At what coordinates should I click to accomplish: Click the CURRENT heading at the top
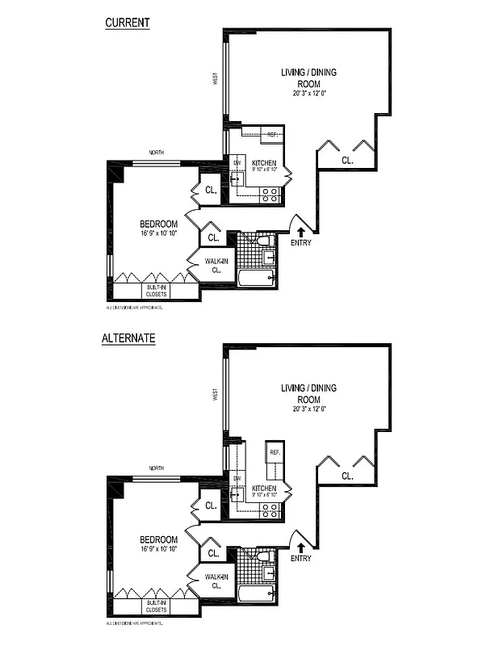coord(128,23)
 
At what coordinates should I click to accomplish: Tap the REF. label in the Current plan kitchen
coord(272,135)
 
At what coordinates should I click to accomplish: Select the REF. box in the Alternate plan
coord(275,453)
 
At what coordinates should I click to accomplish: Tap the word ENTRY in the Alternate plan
coord(300,558)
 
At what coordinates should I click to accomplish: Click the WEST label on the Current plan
coord(216,78)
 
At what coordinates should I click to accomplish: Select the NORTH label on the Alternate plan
coord(157,468)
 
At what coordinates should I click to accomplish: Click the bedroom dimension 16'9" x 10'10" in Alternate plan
coord(158,549)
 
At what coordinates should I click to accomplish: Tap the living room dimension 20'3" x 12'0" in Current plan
coord(308,94)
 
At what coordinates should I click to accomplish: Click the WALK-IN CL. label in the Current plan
coord(216,266)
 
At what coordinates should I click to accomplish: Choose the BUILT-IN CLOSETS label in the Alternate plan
coord(156,606)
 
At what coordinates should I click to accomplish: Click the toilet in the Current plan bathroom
coord(262,241)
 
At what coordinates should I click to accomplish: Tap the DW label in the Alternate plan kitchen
coord(237,479)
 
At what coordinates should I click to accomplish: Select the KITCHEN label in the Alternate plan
coord(265,489)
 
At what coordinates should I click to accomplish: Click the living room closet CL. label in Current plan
coord(346,161)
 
